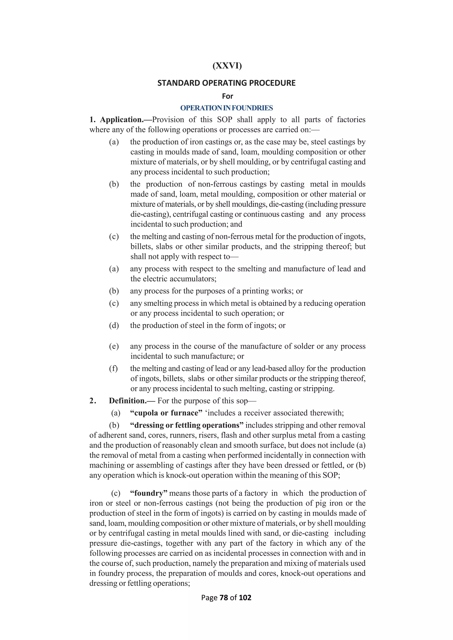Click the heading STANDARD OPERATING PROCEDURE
click(226, 83)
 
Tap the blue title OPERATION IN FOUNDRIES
click(226, 108)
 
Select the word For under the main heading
click(227, 96)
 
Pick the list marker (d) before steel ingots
click(114, 325)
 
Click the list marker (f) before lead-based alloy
click(113, 368)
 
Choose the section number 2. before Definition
click(93, 401)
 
